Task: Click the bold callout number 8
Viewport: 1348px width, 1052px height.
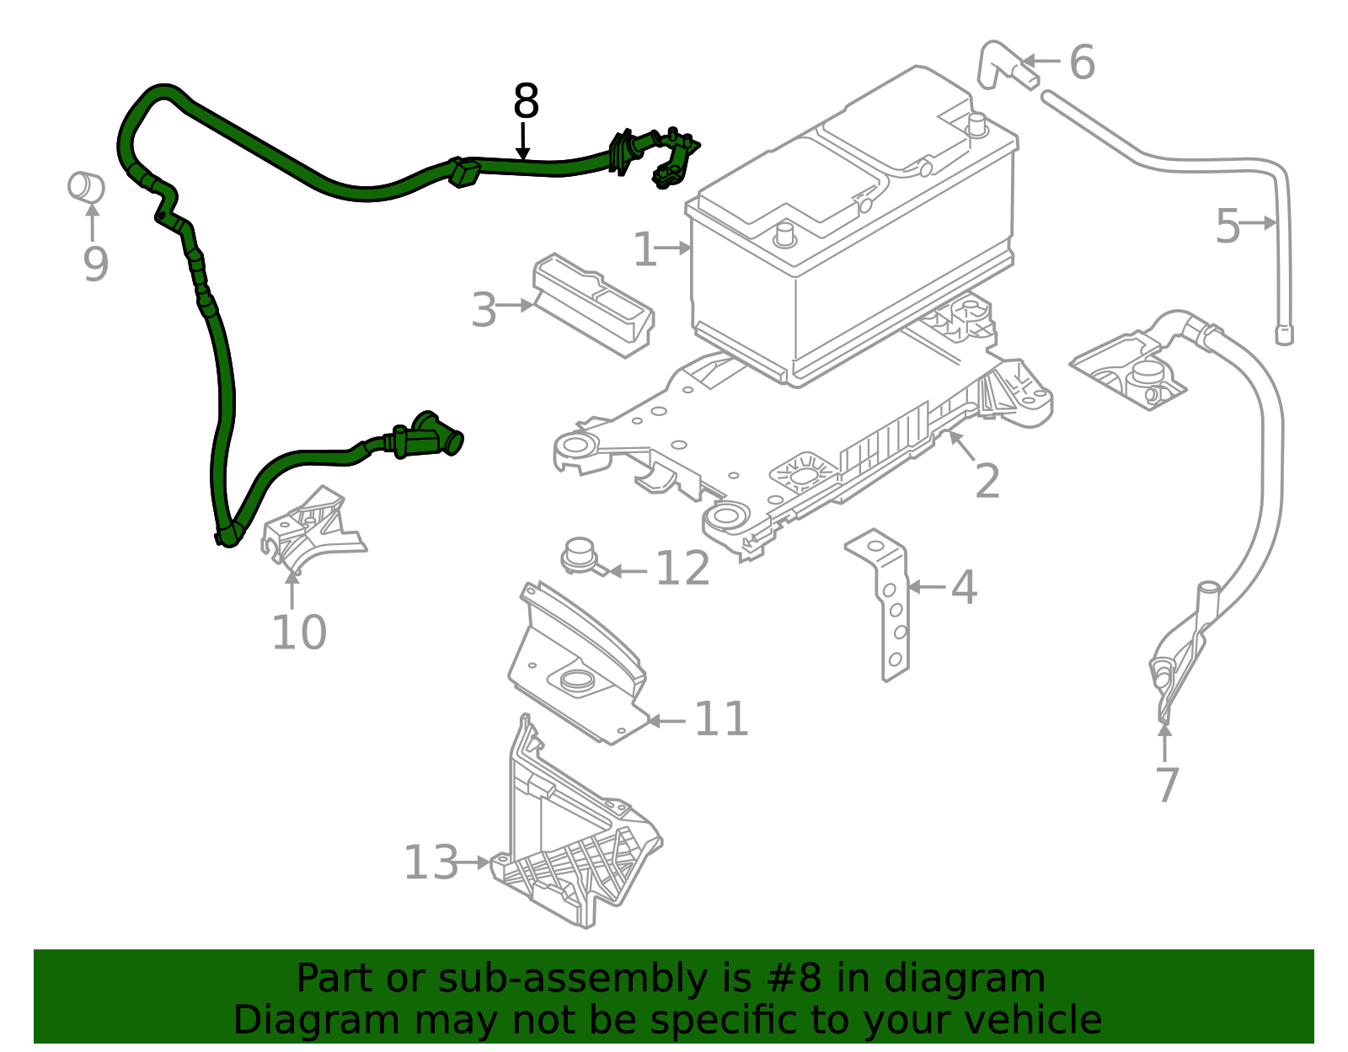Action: click(526, 102)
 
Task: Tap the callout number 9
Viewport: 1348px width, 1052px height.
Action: click(95, 264)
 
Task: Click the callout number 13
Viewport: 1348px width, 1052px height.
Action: click(431, 862)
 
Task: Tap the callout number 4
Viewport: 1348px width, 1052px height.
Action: click(964, 587)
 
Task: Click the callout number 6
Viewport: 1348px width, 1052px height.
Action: click(1082, 62)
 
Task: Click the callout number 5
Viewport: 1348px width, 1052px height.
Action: click(1228, 226)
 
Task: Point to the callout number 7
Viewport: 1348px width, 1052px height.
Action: click(1166, 785)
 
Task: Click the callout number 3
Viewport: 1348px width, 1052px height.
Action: click(484, 310)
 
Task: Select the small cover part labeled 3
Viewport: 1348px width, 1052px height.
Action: click(594, 303)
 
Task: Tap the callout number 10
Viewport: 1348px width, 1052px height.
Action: click(298, 633)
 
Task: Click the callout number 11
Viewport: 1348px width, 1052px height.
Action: click(721, 719)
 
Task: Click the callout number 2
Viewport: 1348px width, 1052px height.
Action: click(987, 481)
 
